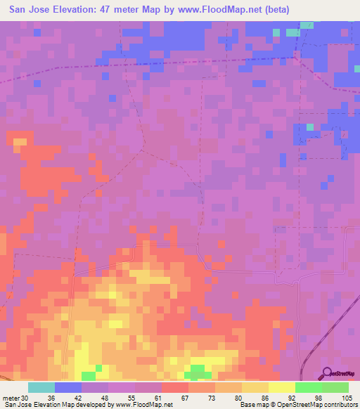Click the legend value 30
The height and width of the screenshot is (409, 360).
coord(26,397)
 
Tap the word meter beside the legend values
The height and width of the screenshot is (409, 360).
coord(11,397)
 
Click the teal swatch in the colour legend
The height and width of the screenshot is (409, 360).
coord(41,387)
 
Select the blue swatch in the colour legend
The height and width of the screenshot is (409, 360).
coord(68,387)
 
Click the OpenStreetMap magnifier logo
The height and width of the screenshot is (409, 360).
coord(327,372)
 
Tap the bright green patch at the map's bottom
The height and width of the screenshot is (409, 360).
coord(198,370)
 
